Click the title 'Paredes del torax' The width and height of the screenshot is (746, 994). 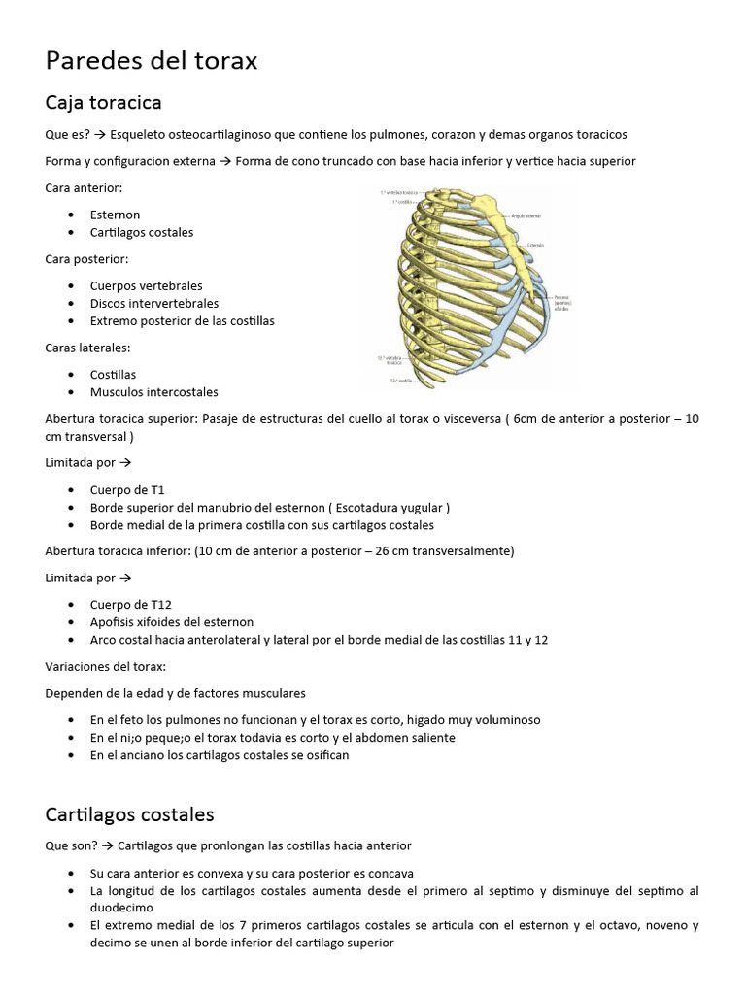pos(152,61)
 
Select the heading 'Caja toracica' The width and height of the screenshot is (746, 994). pos(103,102)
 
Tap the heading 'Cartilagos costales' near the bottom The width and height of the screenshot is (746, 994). pos(129,813)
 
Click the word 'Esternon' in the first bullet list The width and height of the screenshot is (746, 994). pos(115,215)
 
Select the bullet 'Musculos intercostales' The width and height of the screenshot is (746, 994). pos(153,392)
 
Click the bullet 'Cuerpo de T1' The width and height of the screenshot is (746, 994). pos(127,490)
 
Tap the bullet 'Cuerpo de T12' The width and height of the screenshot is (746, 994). pos(130,604)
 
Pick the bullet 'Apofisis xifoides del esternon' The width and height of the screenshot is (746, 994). pos(172,621)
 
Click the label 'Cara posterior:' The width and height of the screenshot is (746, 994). pos(86,259)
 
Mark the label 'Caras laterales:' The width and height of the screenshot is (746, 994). pos(87,348)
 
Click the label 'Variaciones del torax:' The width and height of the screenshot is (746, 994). pos(105,667)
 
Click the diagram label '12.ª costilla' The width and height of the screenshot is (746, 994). pos(400,381)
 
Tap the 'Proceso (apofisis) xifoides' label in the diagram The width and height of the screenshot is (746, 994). pos(562,302)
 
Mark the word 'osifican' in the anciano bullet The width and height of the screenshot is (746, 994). pos(326,755)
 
